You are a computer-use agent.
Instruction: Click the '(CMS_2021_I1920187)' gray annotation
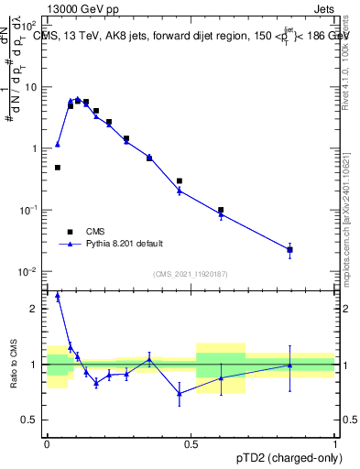coord(191,273)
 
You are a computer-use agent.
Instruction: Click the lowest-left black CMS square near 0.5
coord(58,168)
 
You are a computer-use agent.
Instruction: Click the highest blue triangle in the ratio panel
coord(58,295)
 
